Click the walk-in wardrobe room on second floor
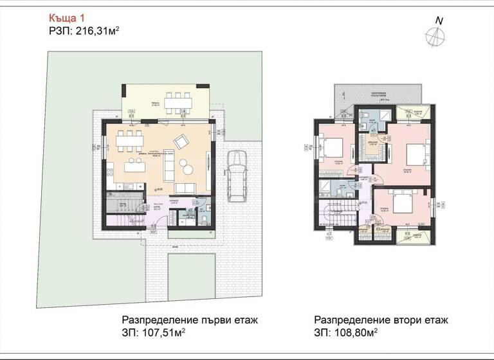(x=372, y=140)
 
